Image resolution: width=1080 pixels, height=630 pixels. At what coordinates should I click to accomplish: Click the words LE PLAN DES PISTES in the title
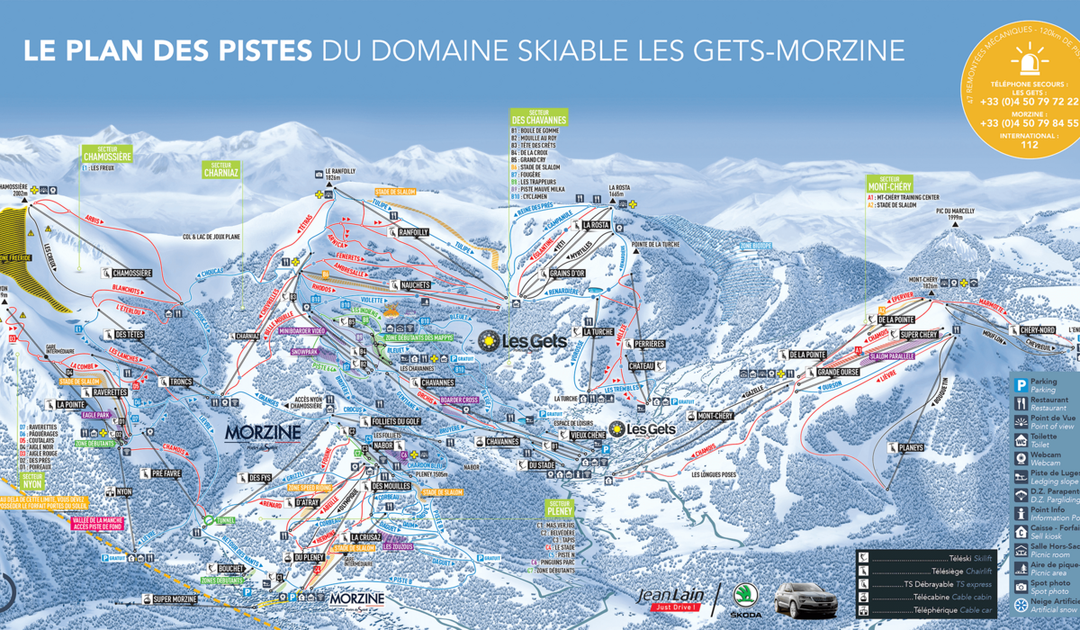[167, 49]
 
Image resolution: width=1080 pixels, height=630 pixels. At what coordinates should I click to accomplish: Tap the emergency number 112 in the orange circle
[1029, 143]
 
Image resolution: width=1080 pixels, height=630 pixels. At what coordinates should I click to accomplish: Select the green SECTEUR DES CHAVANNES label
[538, 116]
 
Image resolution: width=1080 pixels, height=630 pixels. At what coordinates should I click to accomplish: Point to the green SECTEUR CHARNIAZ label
[221, 170]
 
